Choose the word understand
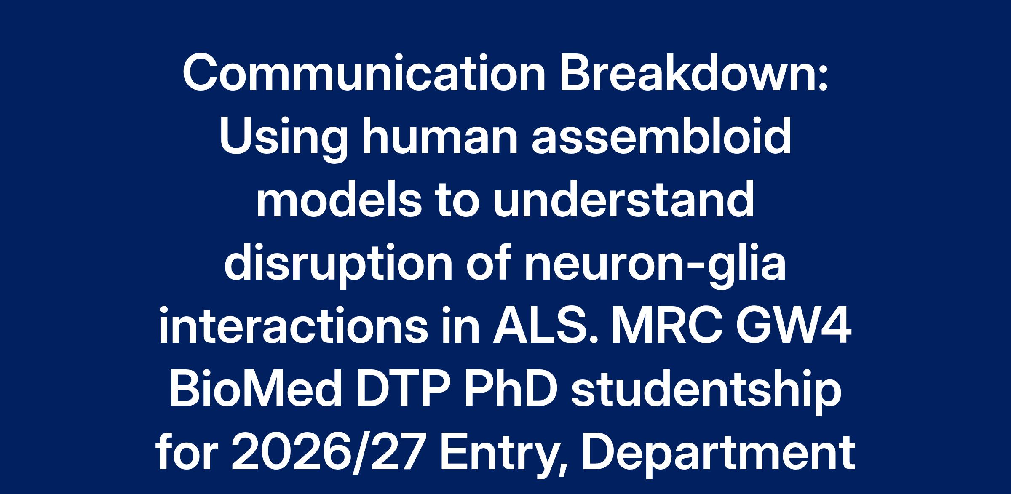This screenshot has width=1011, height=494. (623, 200)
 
